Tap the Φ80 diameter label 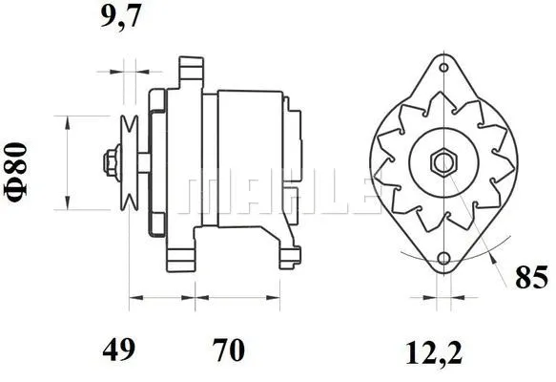(18, 168)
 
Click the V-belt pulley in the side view (129, 161)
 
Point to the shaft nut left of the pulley (111, 160)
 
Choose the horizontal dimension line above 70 (238, 297)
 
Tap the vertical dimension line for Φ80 (66, 161)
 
